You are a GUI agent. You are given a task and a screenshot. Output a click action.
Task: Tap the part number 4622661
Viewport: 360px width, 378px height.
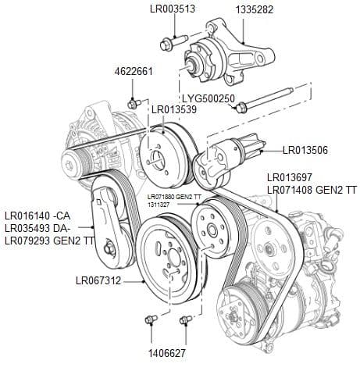(133, 71)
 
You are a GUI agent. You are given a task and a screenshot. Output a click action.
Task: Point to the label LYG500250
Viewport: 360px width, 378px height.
(209, 98)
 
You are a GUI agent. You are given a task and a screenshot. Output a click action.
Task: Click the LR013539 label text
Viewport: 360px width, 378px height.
(173, 109)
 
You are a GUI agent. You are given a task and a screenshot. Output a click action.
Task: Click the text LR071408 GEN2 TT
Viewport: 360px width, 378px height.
(312, 190)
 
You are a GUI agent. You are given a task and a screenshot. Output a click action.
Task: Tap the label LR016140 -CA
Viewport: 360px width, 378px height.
(37, 216)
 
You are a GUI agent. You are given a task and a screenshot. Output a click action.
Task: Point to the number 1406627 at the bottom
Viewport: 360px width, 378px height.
(167, 352)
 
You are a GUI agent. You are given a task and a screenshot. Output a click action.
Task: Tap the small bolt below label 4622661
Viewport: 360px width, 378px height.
(134, 103)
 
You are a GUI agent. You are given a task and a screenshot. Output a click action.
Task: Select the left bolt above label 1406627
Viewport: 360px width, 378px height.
(151, 319)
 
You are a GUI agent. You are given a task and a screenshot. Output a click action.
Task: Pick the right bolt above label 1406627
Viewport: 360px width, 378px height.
(185, 319)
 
